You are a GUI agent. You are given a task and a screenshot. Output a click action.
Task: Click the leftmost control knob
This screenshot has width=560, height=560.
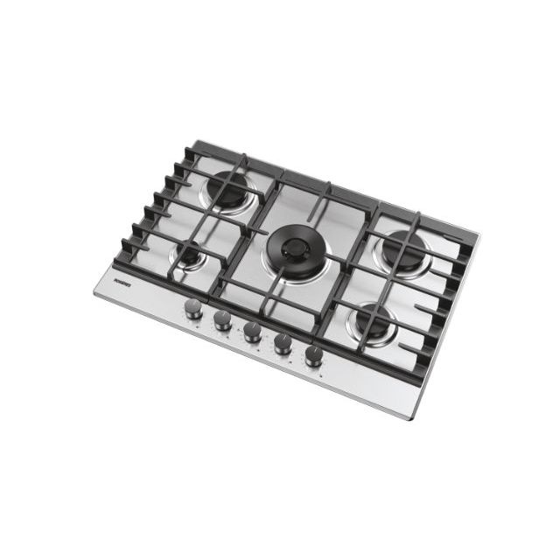(192, 309)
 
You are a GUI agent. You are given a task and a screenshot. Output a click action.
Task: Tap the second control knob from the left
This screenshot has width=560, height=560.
(222, 320)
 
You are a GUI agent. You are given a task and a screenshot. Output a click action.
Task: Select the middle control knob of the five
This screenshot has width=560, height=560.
(252, 332)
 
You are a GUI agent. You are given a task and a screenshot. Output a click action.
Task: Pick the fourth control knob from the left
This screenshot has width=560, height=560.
(283, 343)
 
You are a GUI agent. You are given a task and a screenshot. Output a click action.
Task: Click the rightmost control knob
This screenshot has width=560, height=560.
(313, 355)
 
